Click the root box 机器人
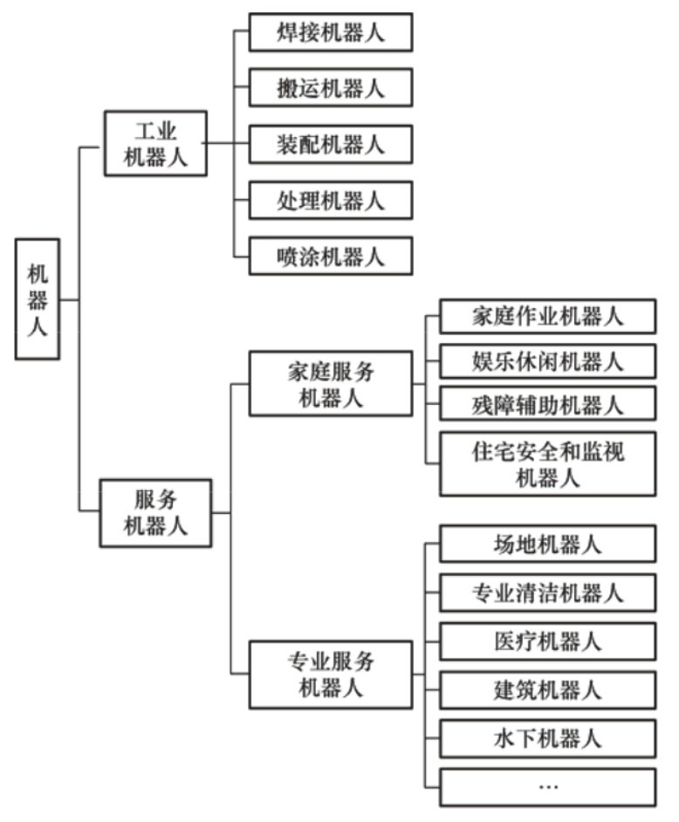pyautogui.click(x=38, y=299)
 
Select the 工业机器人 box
pyautogui.click(x=155, y=144)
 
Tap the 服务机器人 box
pyautogui.click(x=155, y=513)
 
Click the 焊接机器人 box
pyautogui.click(x=331, y=32)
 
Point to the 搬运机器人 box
pyautogui.click(x=331, y=87)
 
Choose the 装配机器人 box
pyautogui.click(x=331, y=143)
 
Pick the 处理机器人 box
pyautogui.click(x=331, y=201)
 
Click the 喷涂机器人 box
pyautogui.click(x=331, y=256)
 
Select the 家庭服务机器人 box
pyautogui.click(x=331, y=384)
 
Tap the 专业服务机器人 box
pyautogui.click(x=331, y=674)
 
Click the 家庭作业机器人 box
pyautogui.click(x=548, y=316)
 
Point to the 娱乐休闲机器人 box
pyautogui.click(x=548, y=361)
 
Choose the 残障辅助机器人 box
pyautogui.click(x=548, y=406)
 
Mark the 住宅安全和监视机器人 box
pyautogui.click(x=548, y=463)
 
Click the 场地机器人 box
pyautogui.click(x=548, y=545)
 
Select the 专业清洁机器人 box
pyautogui.click(x=548, y=593)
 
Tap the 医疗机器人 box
pyautogui.click(x=548, y=641)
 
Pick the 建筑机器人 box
pyautogui.click(x=548, y=689)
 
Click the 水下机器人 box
pyautogui.click(x=548, y=738)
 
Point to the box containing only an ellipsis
pyautogui.click(x=548, y=786)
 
